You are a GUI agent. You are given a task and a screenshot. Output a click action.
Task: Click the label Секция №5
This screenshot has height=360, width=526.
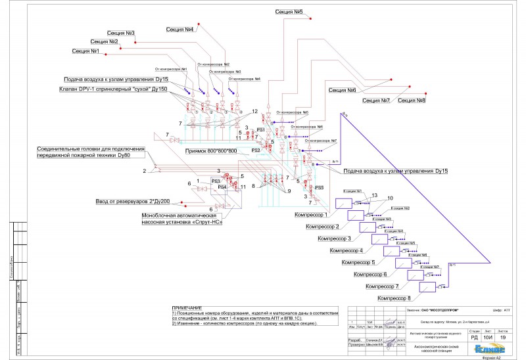point(289,12)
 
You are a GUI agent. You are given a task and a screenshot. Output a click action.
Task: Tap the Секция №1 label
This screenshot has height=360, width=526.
point(86,51)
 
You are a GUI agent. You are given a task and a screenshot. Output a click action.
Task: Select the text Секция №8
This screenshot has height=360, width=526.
point(412,101)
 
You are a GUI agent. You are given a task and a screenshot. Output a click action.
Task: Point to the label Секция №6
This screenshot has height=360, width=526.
point(343,90)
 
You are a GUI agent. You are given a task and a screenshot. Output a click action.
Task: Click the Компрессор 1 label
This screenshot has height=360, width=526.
point(309,215)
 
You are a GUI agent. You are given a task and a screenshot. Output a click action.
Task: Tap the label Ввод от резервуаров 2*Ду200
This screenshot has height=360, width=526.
point(133,201)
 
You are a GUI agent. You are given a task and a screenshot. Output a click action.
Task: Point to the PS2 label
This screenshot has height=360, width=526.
point(256,150)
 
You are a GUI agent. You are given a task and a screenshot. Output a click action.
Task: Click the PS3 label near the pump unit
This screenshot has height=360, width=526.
point(216,180)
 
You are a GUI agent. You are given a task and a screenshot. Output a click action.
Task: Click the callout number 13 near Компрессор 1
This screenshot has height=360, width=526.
point(374,195)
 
